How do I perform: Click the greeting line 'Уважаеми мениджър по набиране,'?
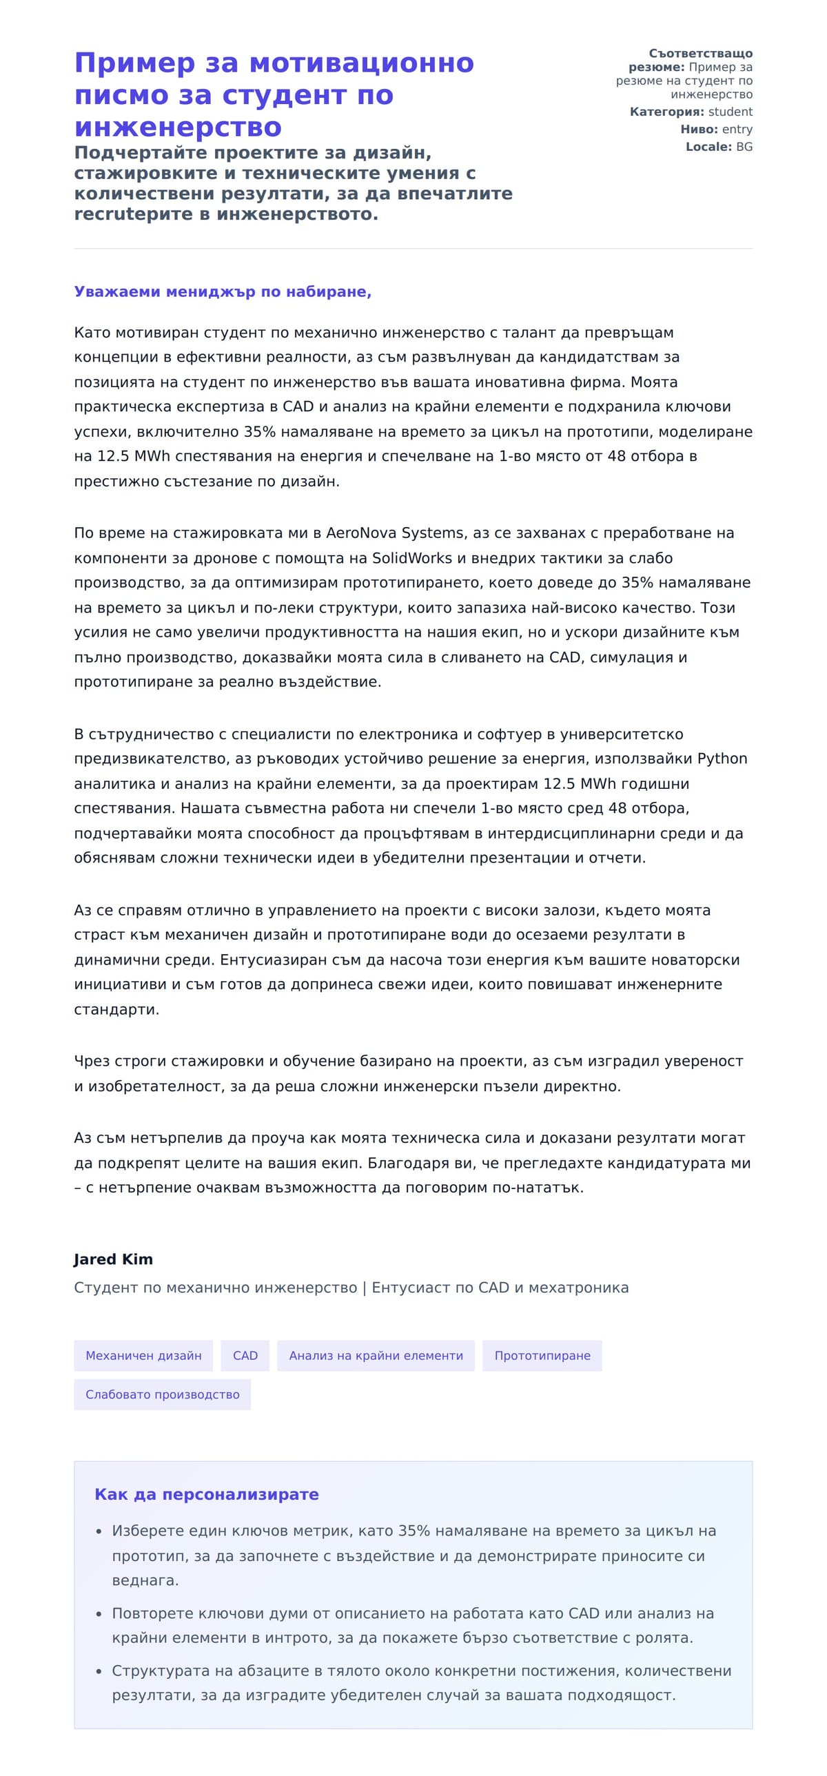[222, 291]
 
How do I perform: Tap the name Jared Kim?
[113, 1259]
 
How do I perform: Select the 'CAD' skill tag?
[245, 1356]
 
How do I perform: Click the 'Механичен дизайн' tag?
[143, 1356]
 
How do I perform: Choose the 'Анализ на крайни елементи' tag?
[375, 1356]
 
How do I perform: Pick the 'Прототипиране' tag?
[542, 1356]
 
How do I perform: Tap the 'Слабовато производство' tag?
[162, 1395]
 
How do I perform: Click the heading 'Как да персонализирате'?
[206, 1494]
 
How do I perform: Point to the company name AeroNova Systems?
[394, 533]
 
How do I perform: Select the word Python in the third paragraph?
[722, 758]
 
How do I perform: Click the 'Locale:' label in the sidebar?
[708, 147]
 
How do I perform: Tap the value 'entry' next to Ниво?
[737, 129]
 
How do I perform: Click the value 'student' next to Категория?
[730, 112]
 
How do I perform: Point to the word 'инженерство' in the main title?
[178, 127]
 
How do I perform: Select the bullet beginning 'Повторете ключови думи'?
[412, 1613]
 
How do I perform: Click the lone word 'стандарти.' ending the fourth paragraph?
[116, 1009]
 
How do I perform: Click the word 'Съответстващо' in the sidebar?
[700, 53]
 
